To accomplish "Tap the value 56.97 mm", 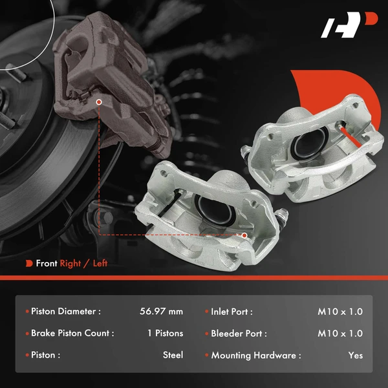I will [x=161, y=312].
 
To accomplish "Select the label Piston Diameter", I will [x=65, y=312].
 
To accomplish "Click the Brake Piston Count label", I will [x=72, y=334].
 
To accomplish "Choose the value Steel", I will [x=173, y=355].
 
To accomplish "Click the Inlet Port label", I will [x=232, y=312].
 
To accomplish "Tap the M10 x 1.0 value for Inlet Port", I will [x=340, y=312].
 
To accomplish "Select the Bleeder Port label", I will [x=239, y=334].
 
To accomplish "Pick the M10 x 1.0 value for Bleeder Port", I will [x=340, y=334].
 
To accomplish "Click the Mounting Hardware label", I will [x=256, y=355].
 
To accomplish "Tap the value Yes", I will [x=355, y=355].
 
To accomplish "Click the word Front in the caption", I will [x=47, y=263].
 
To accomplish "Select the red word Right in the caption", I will [x=71, y=263].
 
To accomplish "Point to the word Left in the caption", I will [x=100, y=263].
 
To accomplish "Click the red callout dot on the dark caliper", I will [x=98, y=102].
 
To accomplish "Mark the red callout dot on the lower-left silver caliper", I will [x=244, y=235].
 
